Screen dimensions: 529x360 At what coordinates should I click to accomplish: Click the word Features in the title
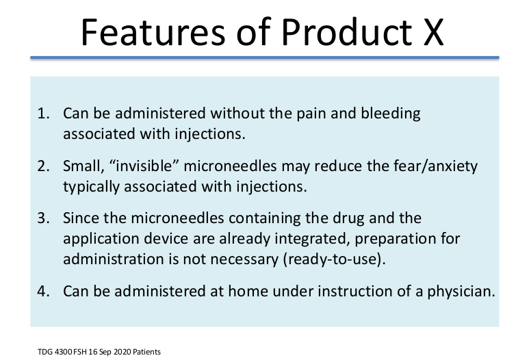153,32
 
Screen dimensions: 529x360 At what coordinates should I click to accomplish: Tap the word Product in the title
347,32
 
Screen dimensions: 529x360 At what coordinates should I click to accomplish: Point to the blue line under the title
264,57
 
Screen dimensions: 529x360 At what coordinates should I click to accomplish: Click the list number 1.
43,114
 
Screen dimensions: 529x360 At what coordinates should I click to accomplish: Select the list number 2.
43,166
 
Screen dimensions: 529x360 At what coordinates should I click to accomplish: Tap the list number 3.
43,218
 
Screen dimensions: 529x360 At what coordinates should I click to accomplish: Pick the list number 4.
43,292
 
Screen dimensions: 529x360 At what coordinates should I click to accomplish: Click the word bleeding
391,114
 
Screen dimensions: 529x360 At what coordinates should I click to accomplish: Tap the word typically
91,188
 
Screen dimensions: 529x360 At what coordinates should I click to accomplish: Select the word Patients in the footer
146,352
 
